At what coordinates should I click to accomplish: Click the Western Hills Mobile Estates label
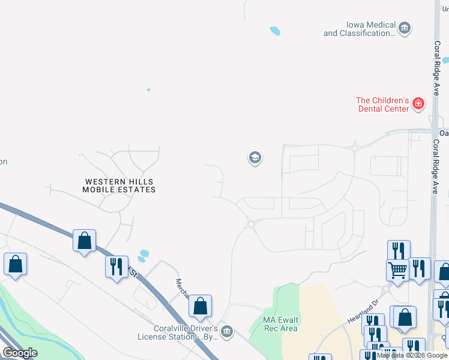tap(119, 185)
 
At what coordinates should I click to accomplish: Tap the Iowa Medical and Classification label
tap(360, 29)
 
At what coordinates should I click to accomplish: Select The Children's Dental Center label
tap(382, 104)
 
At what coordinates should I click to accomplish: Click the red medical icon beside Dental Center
tap(418, 105)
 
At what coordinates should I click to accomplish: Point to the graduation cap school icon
tap(255, 158)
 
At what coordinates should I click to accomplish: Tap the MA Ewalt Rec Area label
tap(281, 324)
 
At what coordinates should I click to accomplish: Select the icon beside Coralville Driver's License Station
tap(226, 331)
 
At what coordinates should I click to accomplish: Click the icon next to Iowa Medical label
tap(405, 28)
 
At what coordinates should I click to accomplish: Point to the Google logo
tap(20, 353)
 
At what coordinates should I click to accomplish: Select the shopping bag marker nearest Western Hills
tap(85, 241)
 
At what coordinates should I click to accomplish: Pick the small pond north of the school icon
tap(275, 30)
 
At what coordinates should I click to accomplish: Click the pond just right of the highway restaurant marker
tap(143, 256)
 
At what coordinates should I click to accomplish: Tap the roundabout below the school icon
tap(251, 224)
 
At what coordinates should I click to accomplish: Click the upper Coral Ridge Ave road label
tap(437, 65)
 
